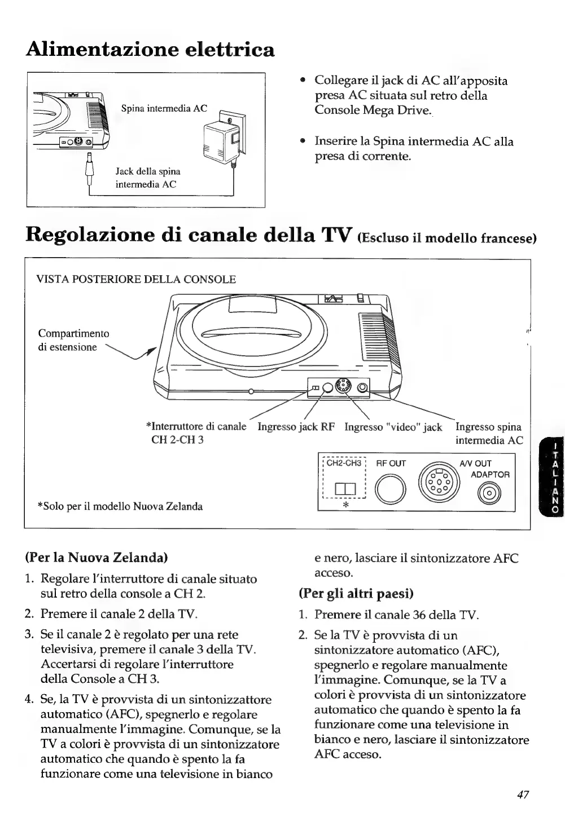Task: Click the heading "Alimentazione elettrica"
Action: pos(150,50)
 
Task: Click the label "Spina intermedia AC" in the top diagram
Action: pos(164,108)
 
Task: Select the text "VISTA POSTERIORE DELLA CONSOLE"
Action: pos(136,279)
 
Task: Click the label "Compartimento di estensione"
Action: pos(73,340)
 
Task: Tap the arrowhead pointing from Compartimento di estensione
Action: pos(152,350)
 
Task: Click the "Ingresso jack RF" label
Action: pos(296,427)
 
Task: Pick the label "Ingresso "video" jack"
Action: pos(393,427)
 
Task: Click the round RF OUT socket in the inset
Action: pos(390,488)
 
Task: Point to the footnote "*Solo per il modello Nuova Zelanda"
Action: pos(120,506)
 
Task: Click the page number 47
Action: pos(522,794)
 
